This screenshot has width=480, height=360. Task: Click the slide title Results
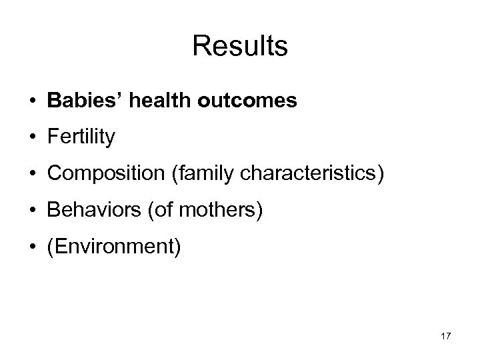(240, 47)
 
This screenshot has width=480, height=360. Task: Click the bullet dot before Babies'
(33, 101)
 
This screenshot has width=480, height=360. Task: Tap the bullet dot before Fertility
(33, 138)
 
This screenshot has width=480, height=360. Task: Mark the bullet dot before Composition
(33, 175)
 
